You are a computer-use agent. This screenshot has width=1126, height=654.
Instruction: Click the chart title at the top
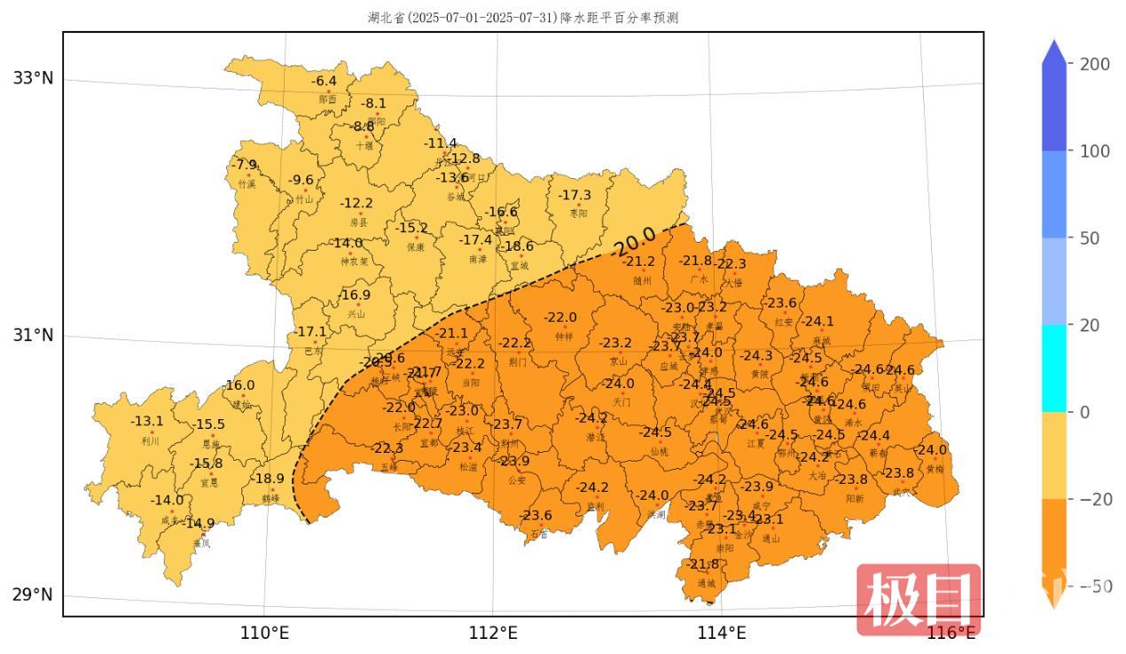[523, 18]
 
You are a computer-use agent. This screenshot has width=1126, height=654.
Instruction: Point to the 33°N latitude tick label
[33, 78]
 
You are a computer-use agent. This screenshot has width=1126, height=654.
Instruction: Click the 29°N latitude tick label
[33, 594]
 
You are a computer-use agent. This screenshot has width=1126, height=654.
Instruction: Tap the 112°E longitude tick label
[493, 633]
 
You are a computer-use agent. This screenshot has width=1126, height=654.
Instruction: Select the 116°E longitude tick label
[951, 633]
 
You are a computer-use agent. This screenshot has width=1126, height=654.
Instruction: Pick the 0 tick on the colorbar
[1083, 412]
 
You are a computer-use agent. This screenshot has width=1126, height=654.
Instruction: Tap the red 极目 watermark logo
[919, 601]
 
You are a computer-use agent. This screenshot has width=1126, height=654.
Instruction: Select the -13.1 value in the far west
[147, 421]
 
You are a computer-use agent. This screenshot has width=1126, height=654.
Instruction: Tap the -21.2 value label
[638, 261]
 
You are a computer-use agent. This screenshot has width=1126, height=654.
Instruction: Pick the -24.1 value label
[817, 322]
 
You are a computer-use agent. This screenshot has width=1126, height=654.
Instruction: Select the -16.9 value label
[355, 295]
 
